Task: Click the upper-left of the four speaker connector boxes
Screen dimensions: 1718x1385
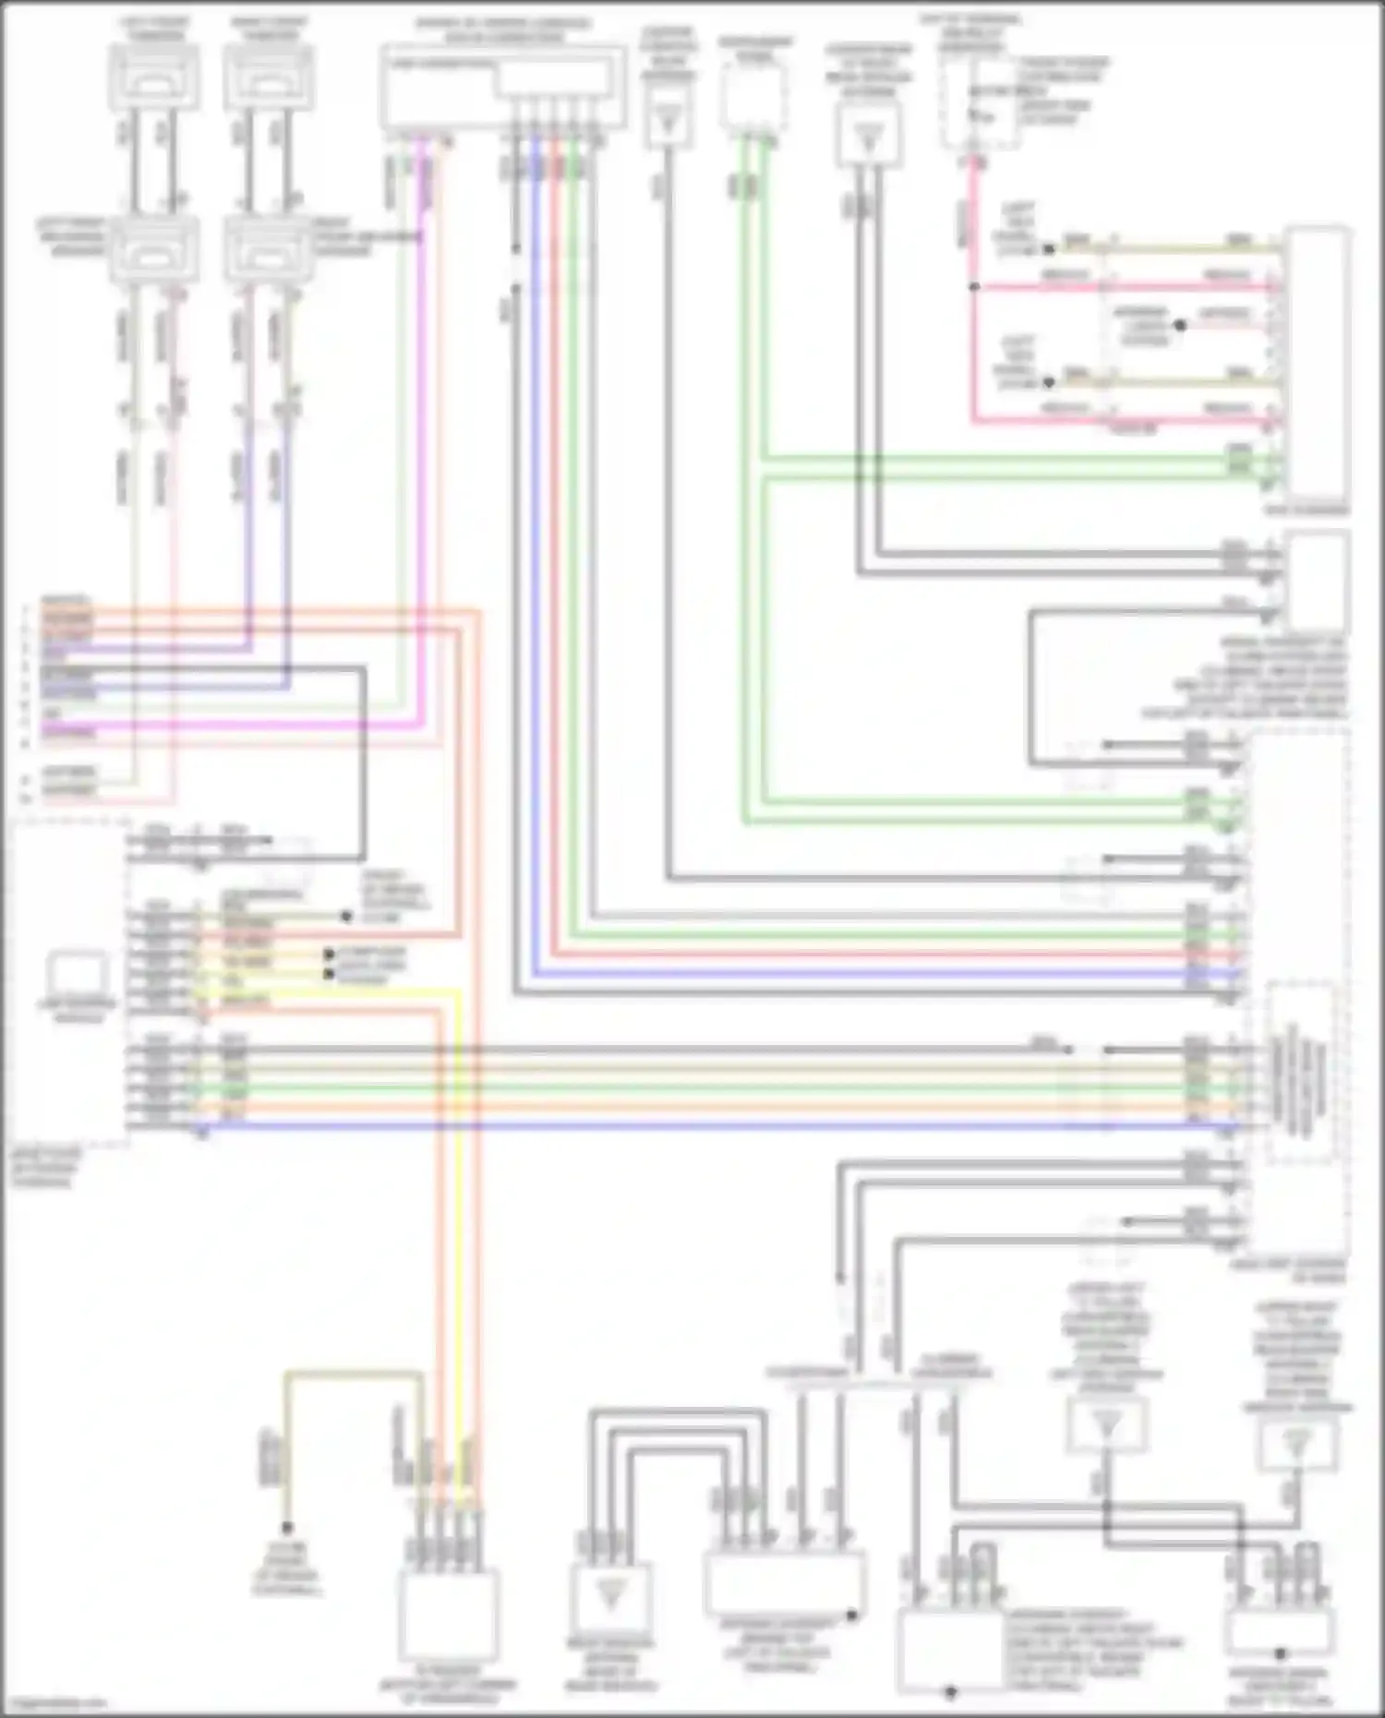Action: pos(154,77)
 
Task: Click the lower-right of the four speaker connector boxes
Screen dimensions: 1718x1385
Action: pos(269,249)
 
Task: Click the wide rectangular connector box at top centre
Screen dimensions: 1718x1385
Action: pos(501,87)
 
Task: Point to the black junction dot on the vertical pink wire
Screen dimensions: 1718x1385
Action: pos(973,287)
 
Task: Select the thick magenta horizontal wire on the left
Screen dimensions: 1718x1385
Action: pos(231,726)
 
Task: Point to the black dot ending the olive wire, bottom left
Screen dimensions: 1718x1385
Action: pos(287,1528)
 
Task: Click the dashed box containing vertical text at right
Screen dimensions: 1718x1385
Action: pos(1300,1071)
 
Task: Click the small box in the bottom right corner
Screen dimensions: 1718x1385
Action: pos(1281,1634)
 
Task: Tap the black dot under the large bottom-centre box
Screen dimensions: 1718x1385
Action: pos(950,1691)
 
